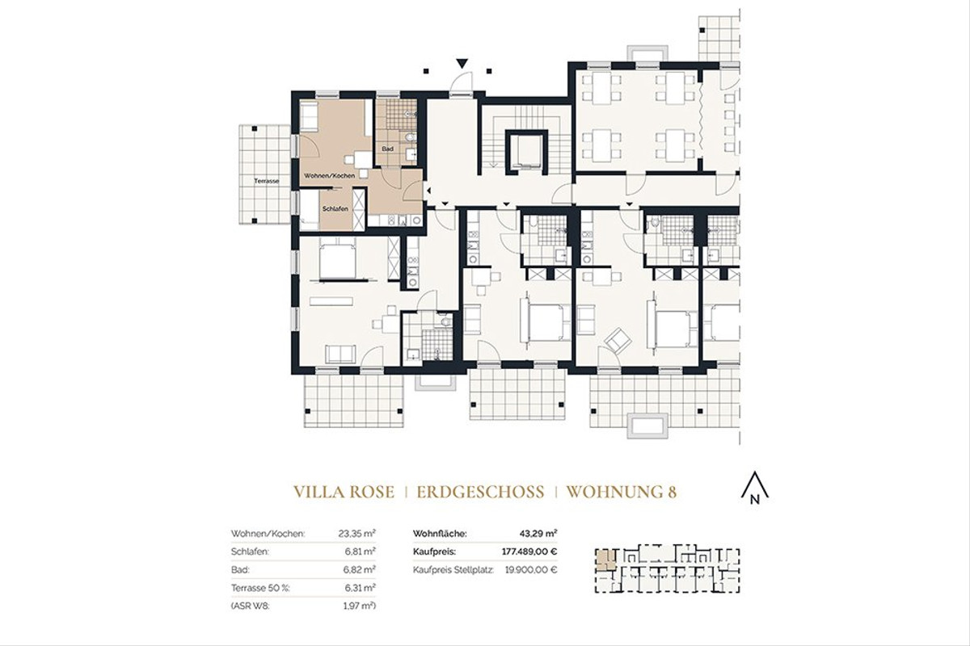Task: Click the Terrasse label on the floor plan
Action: (x=266, y=181)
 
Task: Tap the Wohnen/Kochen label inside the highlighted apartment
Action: (x=329, y=175)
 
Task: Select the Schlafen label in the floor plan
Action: (x=335, y=208)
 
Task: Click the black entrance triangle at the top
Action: (x=462, y=62)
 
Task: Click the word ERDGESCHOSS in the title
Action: (x=480, y=492)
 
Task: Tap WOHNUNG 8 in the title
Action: (x=620, y=492)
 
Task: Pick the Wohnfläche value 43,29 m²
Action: (x=538, y=534)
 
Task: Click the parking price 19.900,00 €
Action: (x=529, y=569)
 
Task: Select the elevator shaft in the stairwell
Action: (x=523, y=149)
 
